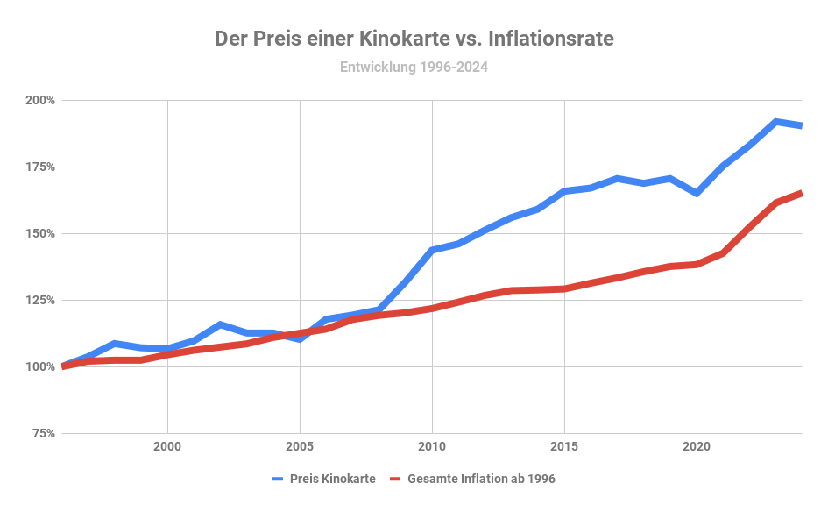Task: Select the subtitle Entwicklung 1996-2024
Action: click(x=414, y=67)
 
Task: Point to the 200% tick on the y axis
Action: click(x=39, y=100)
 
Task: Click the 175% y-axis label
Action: click(x=39, y=167)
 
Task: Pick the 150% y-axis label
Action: click(x=39, y=233)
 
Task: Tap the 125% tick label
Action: click(x=39, y=300)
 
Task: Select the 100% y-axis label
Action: click(x=39, y=366)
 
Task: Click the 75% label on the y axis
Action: click(x=42, y=433)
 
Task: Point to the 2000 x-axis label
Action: click(x=167, y=445)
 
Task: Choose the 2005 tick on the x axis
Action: click(x=300, y=445)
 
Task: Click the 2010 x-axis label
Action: click(x=432, y=445)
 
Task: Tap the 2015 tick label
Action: click(x=564, y=445)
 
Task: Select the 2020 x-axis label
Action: click(x=697, y=445)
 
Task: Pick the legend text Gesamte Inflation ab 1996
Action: click(x=481, y=479)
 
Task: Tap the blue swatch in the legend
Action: click(x=280, y=479)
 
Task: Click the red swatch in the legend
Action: click(x=394, y=479)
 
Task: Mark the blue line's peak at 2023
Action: click(x=776, y=122)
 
